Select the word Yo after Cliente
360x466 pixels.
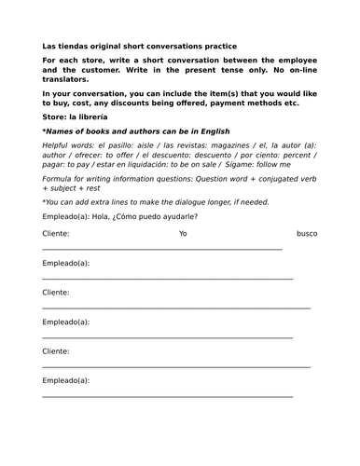(183, 233)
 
